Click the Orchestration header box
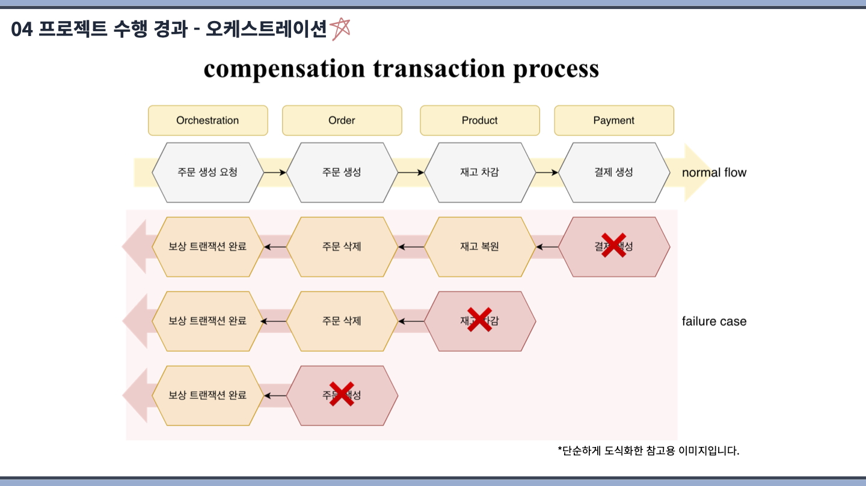click(x=207, y=120)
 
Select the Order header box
click(x=342, y=120)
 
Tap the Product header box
click(x=479, y=120)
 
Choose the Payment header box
click(x=613, y=120)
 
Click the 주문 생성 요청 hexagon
click(x=207, y=172)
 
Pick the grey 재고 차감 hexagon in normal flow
click(x=479, y=172)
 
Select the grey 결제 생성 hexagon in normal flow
click(x=613, y=172)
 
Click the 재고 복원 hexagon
click(x=479, y=247)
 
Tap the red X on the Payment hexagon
click(x=613, y=246)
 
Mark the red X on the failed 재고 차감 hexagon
click(x=479, y=320)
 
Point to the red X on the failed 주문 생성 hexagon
click(x=342, y=394)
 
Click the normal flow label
click(x=714, y=173)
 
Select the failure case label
click(x=714, y=321)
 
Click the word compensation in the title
click(x=284, y=69)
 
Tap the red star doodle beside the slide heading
click(x=340, y=28)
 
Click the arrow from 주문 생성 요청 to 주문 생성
click(x=275, y=172)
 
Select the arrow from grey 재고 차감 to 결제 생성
click(x=547, y=172)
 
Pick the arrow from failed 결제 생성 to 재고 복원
click(x=547, y=247)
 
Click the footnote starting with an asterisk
click(x=648, y=451)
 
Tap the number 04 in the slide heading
click(x=21, y=29)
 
